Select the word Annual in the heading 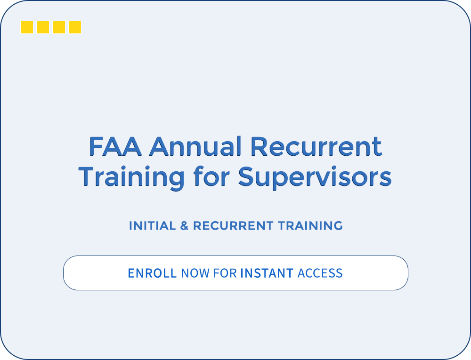195,147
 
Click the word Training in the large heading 131,177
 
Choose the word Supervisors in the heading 315,177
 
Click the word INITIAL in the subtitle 152,226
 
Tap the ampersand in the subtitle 184,226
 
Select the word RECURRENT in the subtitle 233,226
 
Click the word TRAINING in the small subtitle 310,226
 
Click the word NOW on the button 195,273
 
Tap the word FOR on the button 225,273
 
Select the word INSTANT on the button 267,273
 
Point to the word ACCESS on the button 320,273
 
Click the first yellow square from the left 27,27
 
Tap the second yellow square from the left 43,27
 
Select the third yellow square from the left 59,27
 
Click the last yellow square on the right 75,27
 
